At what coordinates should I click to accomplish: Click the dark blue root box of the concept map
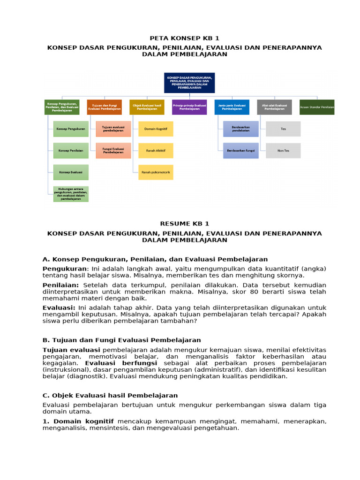[x=189, y=83]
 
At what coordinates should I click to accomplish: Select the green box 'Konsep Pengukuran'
[x=71, y=128]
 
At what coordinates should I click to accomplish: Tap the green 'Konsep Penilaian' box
[x=71, y=150]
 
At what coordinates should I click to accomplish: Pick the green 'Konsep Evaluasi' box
[x=71, y=172]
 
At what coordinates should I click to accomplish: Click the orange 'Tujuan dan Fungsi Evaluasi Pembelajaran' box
[x=104, y=107]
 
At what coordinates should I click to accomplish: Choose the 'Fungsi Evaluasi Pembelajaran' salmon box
[x=113, y=150]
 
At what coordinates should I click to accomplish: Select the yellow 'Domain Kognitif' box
[x=156, y=128]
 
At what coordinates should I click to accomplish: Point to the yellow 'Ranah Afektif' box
[x=156, y=150]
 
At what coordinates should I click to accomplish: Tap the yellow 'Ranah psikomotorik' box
[x=156, y=172]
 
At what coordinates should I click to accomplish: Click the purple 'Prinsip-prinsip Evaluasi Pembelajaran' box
[x=189, y=107]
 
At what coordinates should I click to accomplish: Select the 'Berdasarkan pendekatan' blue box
[x=240, y=128]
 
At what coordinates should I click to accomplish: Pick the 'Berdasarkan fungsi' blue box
[x=240, y=150]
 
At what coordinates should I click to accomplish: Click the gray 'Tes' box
[x=283, y=128]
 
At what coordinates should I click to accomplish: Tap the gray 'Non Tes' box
[x=283, y=150]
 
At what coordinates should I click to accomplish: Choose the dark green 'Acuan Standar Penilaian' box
[x=317, y=107]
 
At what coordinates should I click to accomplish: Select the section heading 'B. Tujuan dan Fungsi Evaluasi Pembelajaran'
[x=121, y=340]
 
